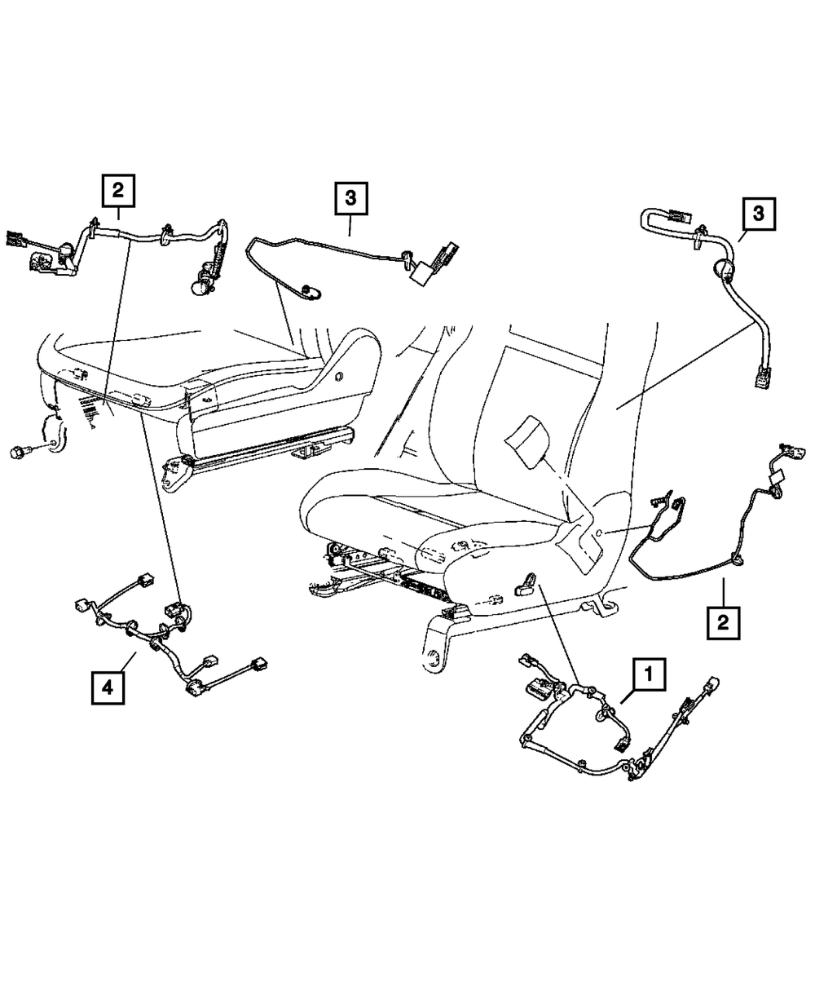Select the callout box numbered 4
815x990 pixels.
click(x=108, y=686)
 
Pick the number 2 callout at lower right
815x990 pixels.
click(x=722, y=623)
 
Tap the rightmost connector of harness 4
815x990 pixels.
click(x=262, y=664)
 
